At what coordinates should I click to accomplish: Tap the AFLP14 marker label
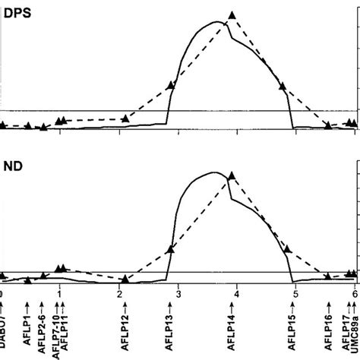click(232, 327)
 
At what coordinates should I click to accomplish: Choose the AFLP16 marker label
click(328, 327)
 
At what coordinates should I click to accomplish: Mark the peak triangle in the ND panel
click(232, 175)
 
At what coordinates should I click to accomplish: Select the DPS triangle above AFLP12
click(125, 118)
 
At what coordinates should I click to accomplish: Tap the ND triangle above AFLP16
click(328, 277)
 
